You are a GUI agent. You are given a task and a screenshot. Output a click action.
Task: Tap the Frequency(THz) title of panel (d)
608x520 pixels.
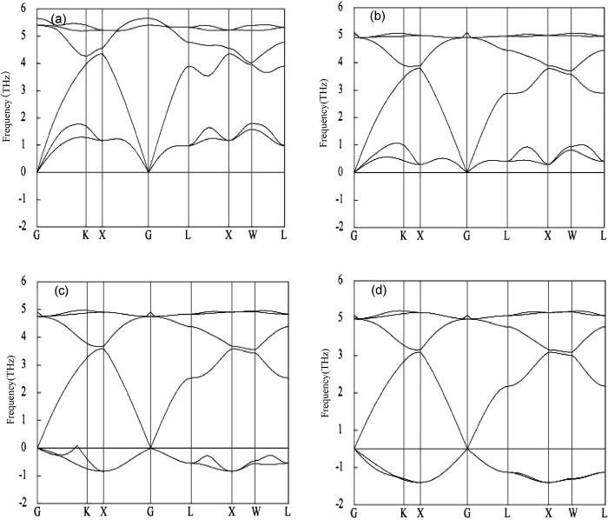point(327,392)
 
